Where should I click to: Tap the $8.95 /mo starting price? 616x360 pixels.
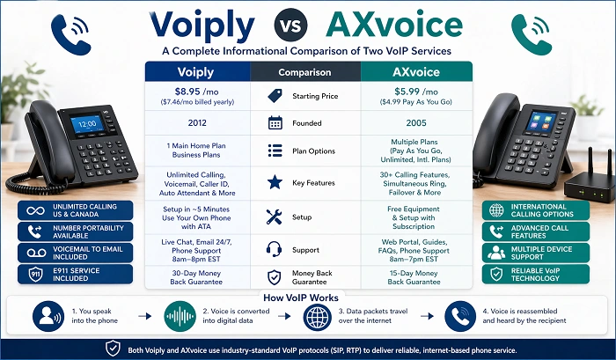[196, 92]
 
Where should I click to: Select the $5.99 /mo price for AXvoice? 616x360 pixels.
[416, 92]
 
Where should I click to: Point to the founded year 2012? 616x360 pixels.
[196, 122]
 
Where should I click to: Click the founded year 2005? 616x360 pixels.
[416, 122]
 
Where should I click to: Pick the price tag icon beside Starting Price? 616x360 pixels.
[275, 94]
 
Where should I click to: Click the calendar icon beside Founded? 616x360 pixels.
[275, 122]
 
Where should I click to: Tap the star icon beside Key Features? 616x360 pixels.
[275, 182]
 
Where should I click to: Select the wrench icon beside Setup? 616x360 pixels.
[275, 216]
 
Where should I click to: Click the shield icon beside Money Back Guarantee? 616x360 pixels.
[275, 276]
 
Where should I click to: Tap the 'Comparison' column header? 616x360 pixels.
[304, 72]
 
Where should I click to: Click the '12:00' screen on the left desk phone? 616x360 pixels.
[86, 124]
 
